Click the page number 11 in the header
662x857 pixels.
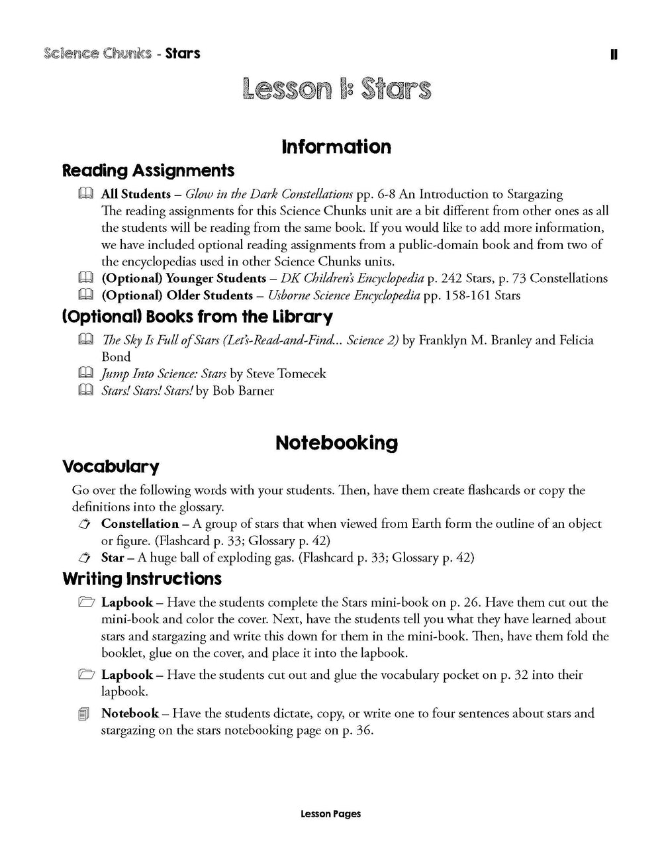(x=614, y=54)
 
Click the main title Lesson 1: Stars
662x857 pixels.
(x=336, y=89)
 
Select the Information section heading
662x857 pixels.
(x=336, y=146)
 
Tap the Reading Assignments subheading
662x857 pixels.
(x=148, y=171)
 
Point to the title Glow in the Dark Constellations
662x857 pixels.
(x=269, y=194)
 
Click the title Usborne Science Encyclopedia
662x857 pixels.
(x=344, y=295)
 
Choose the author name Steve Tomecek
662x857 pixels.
(x=286, y=374)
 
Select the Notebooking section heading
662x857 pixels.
(x=336, y=443)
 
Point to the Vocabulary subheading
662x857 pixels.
(x=111, y=467)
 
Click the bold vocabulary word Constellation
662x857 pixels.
(x=140, y=524)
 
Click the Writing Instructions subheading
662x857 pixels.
(x=142, y=579)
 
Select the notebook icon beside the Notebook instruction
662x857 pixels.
(x=83, y=714)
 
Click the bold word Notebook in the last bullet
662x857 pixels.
(x=130, y=713)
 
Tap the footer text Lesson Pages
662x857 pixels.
(x=330, y=814)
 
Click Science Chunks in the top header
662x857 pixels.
(x=98, y=53)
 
